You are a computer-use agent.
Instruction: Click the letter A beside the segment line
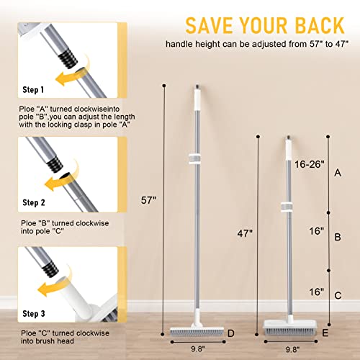coord(338,174)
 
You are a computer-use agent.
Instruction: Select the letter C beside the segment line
coord(338,295)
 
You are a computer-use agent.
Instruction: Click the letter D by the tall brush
coord(230,333)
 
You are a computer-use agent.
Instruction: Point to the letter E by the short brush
coord(325,333)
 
